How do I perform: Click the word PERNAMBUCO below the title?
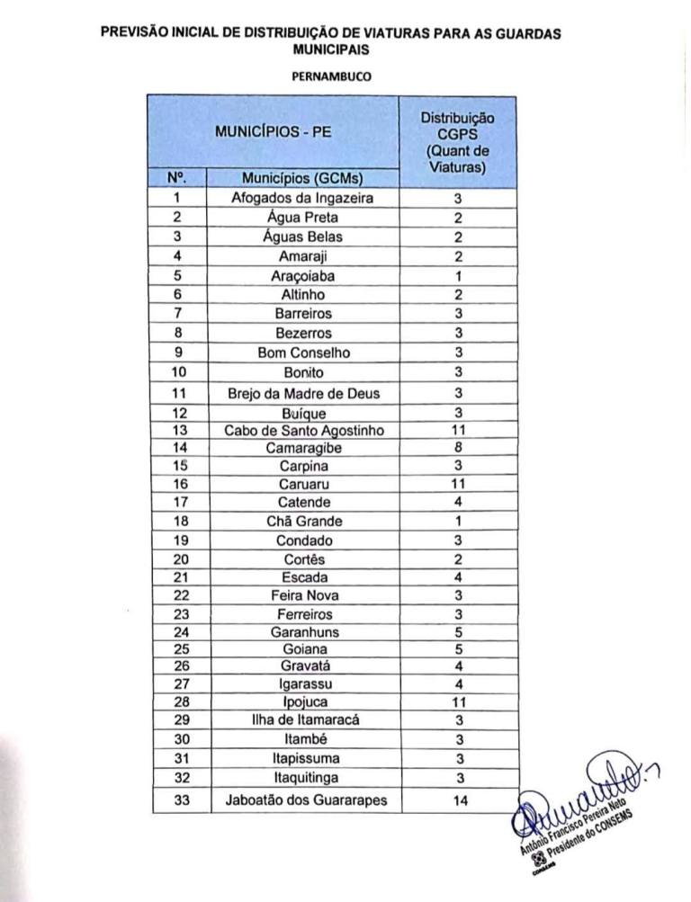pyautogui.click(x=332, y=76)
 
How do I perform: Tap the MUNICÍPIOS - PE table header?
pyautogui.click(x=273, y=130)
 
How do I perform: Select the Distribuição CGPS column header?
pyautogui.click(x=457, y=142)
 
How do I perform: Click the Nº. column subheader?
pyautogui.click(x=177, y=178)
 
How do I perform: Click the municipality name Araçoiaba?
pyautogui.click(x=303, y=275)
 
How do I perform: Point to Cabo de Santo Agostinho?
pyautogui.click(x=303, y=430)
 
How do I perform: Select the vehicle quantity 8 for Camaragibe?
pyautogui.click(x=458, y=447)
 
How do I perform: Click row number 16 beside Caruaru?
pyautogui.click(x=178, y=484)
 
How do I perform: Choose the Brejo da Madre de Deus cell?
pyautogui.click(x=303, y=393)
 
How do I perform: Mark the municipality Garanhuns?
pyautogui.click(x=303, y=632)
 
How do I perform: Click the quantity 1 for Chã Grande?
pyautogui.click(x=458, y=522)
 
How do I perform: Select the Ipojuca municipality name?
pyautogui.click(x=303, y=701)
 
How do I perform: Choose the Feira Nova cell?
pyautogui.click(x=303, y=595)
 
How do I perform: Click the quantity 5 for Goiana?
pyautogui.click(x=458, y=649)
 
